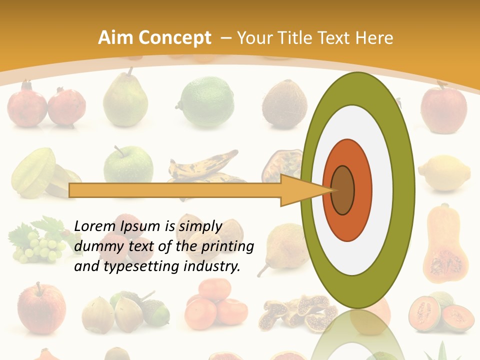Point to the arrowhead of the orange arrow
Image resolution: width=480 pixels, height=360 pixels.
tap(305, 190)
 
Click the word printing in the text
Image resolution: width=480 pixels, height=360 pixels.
tap(229, 246)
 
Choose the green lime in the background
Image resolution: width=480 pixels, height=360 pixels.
tap(200, 101)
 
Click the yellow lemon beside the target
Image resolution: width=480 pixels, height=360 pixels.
tap(444, 173)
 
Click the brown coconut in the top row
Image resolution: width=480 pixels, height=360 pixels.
tap(284, 103)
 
